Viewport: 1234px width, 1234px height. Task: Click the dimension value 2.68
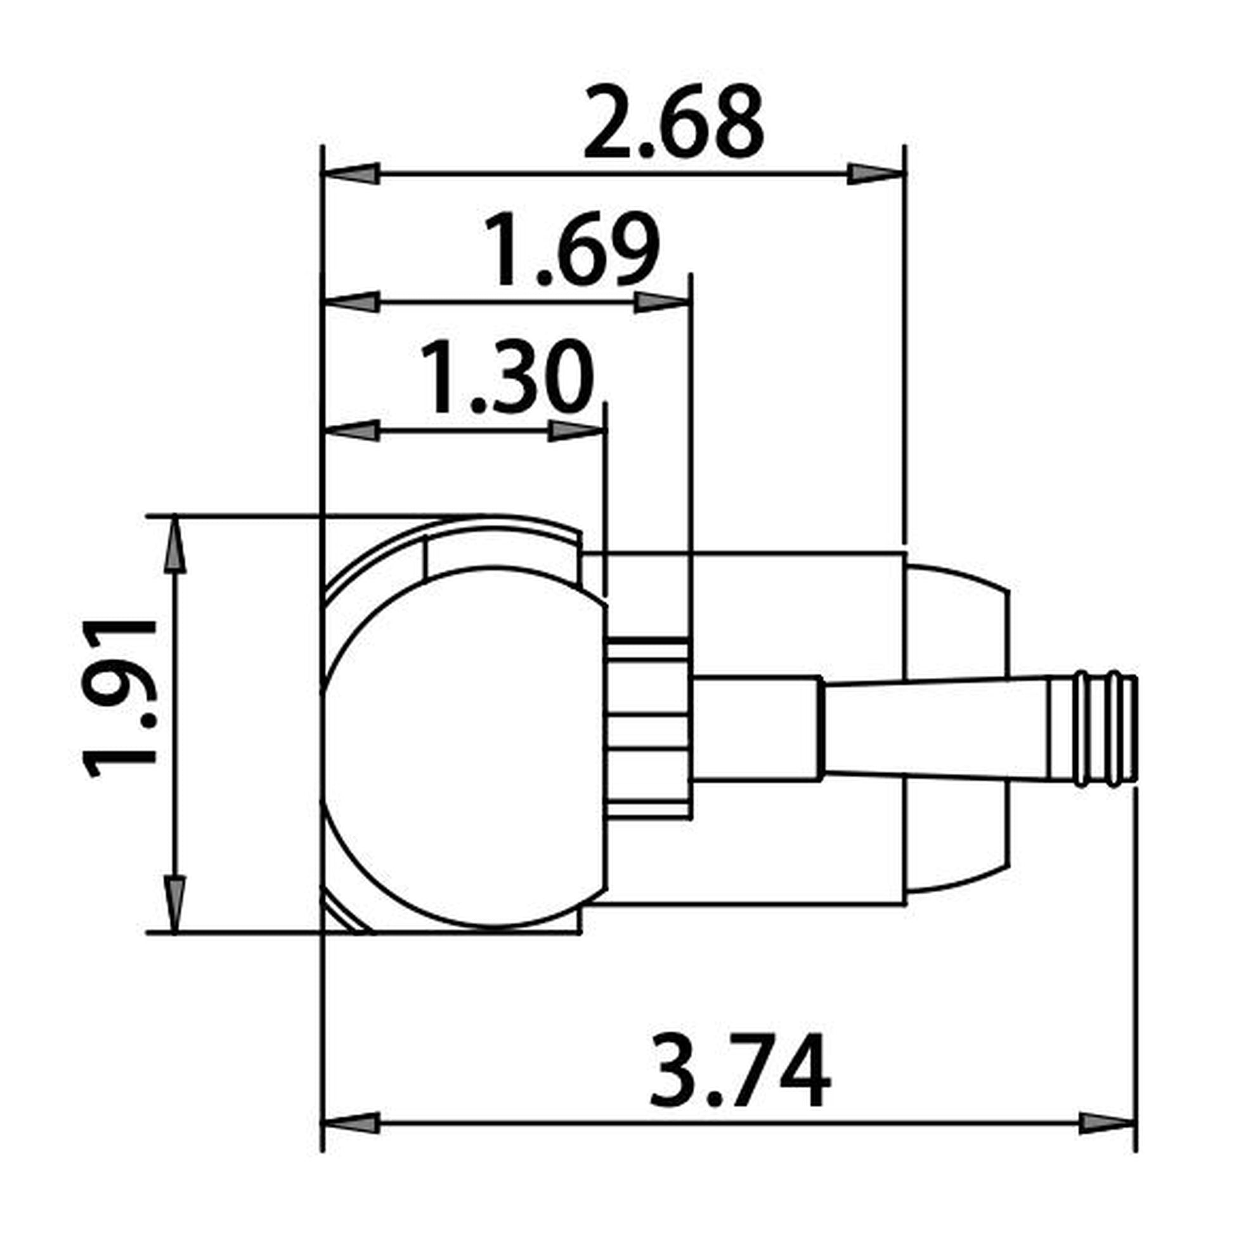click(673, 123)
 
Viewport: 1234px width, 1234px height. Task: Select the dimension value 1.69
click(571, 251)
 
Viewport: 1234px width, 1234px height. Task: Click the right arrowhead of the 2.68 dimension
click(875, 174)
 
